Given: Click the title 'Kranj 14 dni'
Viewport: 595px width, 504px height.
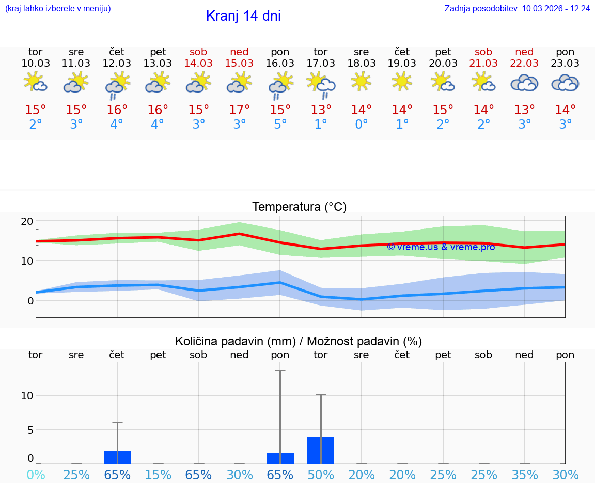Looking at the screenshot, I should (243, 16).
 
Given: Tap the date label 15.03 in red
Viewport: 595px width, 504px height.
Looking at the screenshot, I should (239, 63).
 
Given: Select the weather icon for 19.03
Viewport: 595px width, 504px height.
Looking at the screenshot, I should (402, 81).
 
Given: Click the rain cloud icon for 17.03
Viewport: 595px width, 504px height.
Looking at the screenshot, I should (321, 84).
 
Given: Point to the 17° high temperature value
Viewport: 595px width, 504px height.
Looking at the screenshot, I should (239, 110).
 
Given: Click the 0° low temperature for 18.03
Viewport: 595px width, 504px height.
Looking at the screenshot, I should (361, 125).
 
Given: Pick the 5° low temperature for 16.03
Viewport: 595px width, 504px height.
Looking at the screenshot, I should (280, 125).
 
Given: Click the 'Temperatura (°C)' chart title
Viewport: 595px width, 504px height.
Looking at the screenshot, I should (299, 207).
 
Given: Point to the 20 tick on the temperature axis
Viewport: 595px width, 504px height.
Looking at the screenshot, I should (27, 221).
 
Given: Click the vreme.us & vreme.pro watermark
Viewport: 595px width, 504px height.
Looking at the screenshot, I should (441, 247).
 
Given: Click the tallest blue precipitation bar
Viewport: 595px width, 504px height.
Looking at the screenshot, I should (321, 450).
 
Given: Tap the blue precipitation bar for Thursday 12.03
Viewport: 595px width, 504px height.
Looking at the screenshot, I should (117, 457).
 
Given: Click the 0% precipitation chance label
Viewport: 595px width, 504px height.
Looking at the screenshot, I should (36, 475).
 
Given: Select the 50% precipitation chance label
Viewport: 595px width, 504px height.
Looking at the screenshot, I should (321, 475).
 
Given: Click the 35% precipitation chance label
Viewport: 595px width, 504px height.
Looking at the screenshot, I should (525, 475).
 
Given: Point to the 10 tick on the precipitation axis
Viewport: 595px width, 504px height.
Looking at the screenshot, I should (27, 395).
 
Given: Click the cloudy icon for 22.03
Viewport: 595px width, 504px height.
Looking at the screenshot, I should (524, 83).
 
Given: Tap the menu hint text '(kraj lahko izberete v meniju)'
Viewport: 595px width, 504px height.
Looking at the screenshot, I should (58, 8).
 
